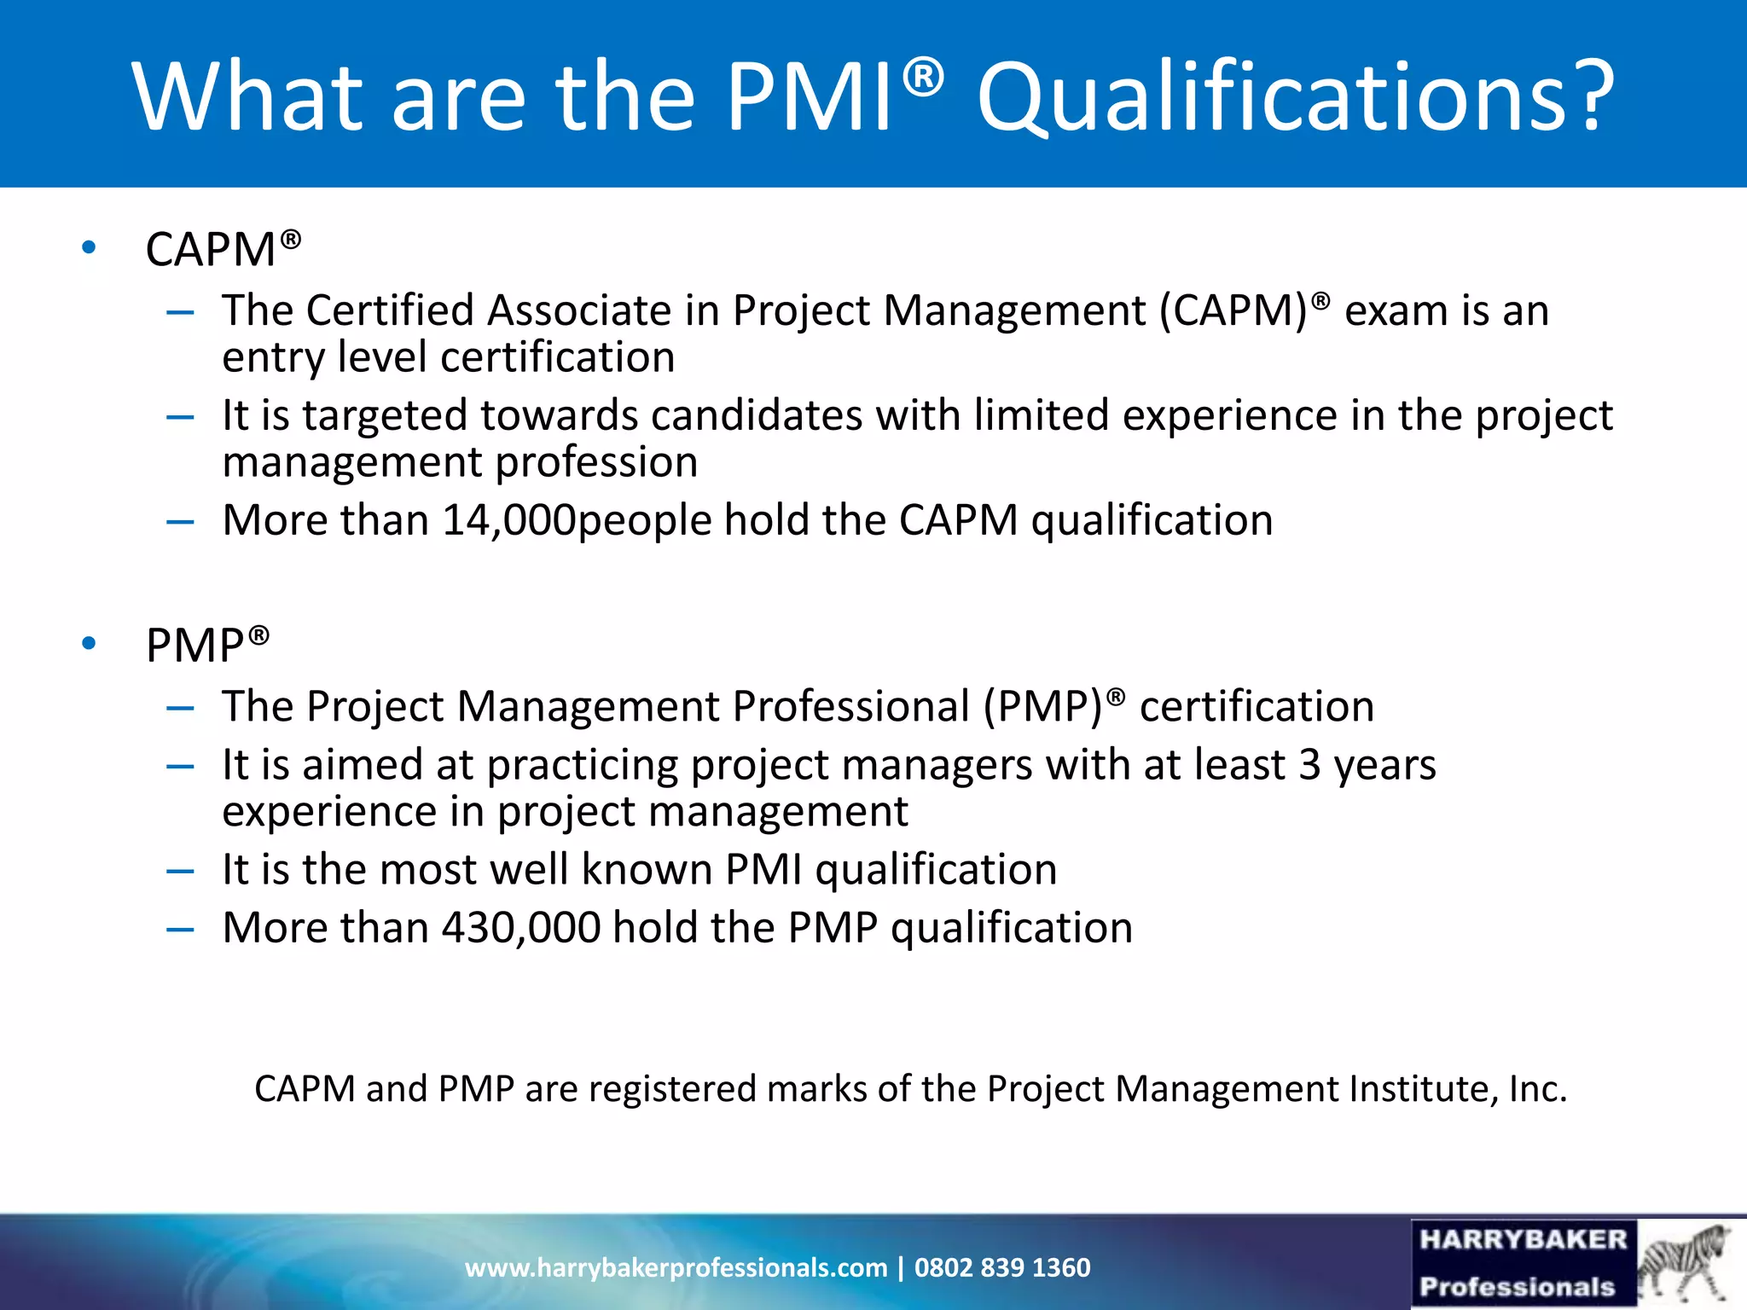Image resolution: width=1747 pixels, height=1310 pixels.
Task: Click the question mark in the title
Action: point(1588,96)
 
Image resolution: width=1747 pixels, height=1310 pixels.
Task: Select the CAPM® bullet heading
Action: point(223,249)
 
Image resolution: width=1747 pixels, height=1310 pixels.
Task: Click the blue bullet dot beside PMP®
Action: point(89,643)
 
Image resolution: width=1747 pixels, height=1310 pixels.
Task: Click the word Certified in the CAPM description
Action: point(390,310)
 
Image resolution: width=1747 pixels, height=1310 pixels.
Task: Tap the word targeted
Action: point(385,416)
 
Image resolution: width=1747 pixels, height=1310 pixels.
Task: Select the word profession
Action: point(596,462)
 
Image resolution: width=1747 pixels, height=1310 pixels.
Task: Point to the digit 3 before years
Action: point(1310,764)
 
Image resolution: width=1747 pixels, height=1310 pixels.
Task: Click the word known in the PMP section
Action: point(647,869)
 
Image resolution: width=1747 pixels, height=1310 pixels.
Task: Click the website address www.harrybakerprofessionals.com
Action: point(676,1267)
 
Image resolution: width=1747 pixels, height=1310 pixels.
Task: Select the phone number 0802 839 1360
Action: point(1002,1267)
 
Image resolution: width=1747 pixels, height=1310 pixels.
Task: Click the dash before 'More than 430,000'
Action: point(180,928)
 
